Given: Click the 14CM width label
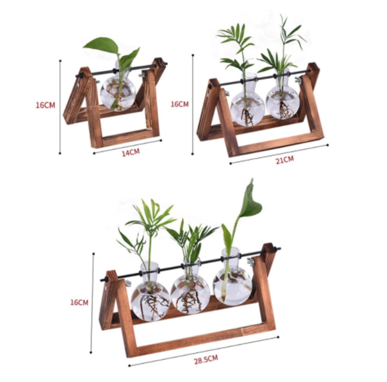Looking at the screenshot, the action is [131, 152].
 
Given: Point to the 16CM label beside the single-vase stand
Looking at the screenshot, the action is [45, 105].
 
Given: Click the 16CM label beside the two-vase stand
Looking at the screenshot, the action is [180, 104].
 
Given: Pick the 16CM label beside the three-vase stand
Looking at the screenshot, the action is [79, 302].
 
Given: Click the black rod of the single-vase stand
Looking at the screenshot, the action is [121, 70].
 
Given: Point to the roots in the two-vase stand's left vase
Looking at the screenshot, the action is [247, 117].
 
